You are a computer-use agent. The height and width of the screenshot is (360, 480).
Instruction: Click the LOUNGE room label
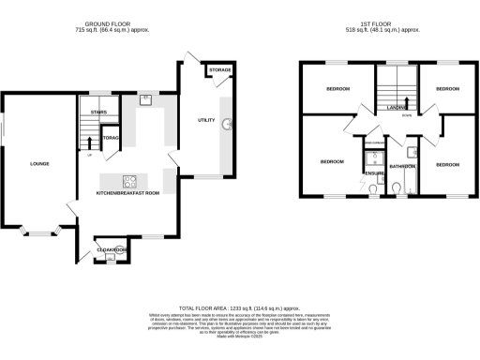coord(38,164)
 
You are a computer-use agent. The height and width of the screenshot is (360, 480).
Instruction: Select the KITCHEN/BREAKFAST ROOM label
coord(128,192)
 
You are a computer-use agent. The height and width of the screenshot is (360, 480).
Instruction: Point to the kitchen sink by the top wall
coord(147,98)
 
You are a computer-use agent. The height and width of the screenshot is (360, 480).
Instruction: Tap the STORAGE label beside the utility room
coord(219,70)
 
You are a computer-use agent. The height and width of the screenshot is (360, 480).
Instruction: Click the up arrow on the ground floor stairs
coord(89,143)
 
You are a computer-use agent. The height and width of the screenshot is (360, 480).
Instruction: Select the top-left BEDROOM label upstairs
coord(337,89)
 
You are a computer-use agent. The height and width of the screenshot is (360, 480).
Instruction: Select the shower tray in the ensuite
coord(368,151)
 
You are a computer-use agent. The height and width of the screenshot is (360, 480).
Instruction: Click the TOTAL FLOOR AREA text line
coord(239,307)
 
